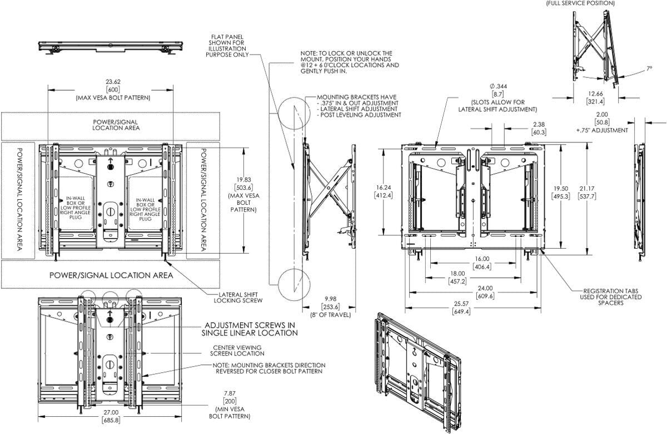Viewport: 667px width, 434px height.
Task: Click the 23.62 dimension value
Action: click(x=109, y=83)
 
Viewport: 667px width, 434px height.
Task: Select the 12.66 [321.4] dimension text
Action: click(x=595, y=97)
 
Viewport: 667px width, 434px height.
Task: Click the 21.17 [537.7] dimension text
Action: click(x=588, y=193)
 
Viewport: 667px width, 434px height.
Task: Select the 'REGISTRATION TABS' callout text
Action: click(x=612, y=290)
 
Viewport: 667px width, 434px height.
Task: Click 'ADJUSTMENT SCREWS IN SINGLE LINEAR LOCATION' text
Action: click(x=251, y=329)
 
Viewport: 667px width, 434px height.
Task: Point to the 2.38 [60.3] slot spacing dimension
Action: click(x=537, y=129)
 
